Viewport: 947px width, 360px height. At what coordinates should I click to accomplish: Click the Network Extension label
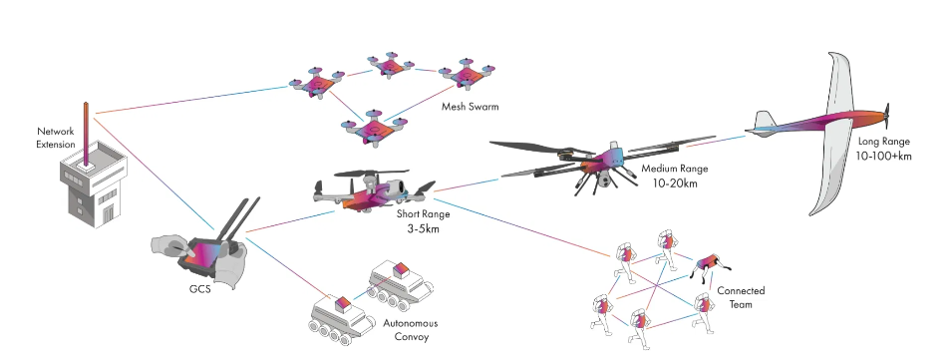[56, 138]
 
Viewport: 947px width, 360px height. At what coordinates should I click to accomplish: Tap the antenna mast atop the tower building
[87, 135]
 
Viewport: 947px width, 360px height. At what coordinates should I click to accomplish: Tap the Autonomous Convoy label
[410, 330]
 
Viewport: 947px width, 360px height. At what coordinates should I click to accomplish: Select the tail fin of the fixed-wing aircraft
[763, 124]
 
